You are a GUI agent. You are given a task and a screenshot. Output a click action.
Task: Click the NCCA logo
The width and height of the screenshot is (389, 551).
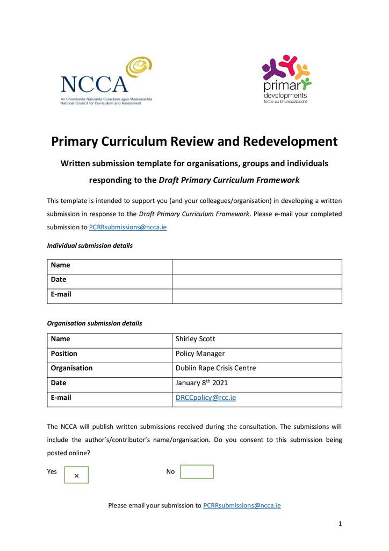pyautogui.click(x=106, y=81)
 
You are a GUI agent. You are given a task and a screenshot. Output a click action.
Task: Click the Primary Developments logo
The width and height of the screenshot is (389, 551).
pyautogui.click(x=286, y=79)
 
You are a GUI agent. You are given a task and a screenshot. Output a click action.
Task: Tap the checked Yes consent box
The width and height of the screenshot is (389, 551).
pyautogui.click(x=76, y=475)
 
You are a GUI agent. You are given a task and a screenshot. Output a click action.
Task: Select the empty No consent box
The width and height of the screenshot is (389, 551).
pyautogui.click(x=197, y=472)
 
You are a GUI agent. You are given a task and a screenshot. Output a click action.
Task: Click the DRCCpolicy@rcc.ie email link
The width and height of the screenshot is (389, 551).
pyautogui.click(x=206, y=398)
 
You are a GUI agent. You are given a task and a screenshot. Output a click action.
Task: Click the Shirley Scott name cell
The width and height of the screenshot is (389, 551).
pyautogui.click(x=196, y=339)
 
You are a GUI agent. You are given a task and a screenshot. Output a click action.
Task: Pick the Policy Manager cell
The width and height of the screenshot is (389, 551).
pyautogui.click(x=200, y=354)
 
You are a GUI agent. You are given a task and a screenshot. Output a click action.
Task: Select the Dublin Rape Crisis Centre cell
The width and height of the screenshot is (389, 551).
pyautogui.click(x=215, y=368)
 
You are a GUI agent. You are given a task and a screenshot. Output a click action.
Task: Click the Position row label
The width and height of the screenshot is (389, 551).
pyautogui.click(x=64, y=354)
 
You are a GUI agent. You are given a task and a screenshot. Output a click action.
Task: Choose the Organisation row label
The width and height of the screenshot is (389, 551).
pyautogui.click(x=71, y=368)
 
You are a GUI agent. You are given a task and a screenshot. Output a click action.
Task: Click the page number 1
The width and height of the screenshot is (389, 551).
pyautogui.click(x=340, y=524)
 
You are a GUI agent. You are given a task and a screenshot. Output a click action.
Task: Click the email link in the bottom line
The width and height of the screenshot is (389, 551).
pyautogui.click(x=242, y=505)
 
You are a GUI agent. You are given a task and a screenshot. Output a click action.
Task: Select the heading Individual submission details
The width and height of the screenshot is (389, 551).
pyautogui.click(x=90, y=245)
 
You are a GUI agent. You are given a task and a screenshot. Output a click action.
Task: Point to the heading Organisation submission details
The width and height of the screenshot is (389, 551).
pyautogui.click(x=95, y=323)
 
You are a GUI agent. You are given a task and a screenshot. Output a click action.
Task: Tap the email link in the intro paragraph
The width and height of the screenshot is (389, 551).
pyautogui.click(x=128, y=227)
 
